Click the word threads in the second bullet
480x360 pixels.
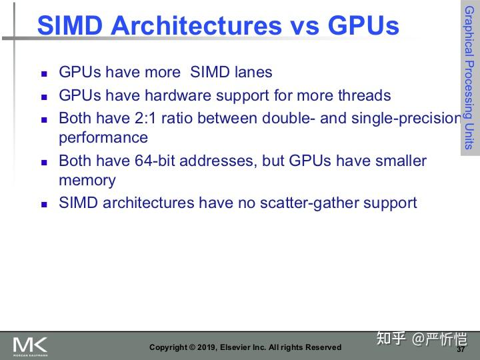361,95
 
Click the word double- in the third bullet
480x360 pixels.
300,119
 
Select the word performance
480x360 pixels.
103,137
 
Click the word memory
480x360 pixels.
87,180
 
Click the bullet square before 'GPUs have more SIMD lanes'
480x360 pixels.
45,73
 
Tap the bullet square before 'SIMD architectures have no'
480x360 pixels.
45,204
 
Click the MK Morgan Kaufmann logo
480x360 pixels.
30,346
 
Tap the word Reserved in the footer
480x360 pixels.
323,347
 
